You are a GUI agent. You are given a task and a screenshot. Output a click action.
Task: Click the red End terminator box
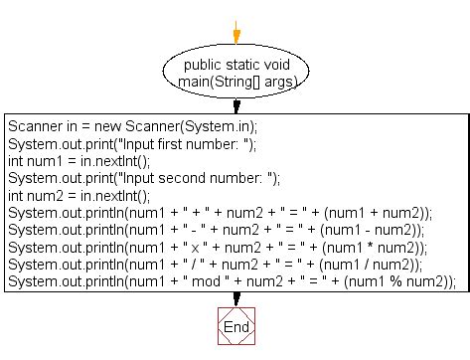pos(236,326)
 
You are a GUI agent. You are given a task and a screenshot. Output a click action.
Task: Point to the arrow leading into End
pos(236,298)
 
